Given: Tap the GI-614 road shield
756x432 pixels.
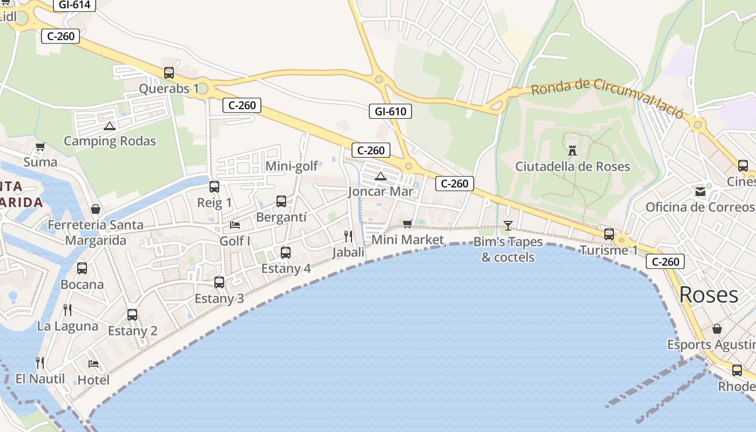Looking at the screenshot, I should (x=75, y=5).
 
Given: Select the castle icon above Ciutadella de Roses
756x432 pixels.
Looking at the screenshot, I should (x=572, y=150).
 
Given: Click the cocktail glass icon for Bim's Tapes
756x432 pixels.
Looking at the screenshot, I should (x=508, y=225).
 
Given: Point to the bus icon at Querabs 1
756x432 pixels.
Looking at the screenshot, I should (x=169, y=73).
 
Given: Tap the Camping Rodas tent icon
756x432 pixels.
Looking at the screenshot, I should (x=110, y=126).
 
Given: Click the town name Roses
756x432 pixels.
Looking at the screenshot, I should (x=708, y=295).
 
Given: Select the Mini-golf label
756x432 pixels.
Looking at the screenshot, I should (x=292, y=166).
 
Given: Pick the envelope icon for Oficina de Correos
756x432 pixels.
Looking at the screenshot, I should (x=700, y=191).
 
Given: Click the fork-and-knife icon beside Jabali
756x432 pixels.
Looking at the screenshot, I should (x=348, y=236).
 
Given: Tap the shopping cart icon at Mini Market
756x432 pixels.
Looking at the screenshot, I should (x=408, y=224).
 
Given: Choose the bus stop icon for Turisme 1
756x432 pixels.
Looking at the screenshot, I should (x=609, y=234).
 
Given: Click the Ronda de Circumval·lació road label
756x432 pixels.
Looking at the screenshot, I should (x=607, y=97).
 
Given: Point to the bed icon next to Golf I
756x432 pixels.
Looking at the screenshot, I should (x=235, y=225).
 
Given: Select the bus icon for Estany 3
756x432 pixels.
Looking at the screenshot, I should (x=219, y=282).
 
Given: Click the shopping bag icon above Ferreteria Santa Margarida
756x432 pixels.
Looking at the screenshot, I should (x=96, y=209).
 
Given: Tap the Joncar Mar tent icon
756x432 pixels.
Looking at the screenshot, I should (x=381, y=176).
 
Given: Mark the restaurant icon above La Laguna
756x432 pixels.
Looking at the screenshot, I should (x=67, y=309).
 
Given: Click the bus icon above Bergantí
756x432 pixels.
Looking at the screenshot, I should (x=281, y=201).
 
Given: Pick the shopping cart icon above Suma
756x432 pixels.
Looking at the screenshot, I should (x=40, y=146).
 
